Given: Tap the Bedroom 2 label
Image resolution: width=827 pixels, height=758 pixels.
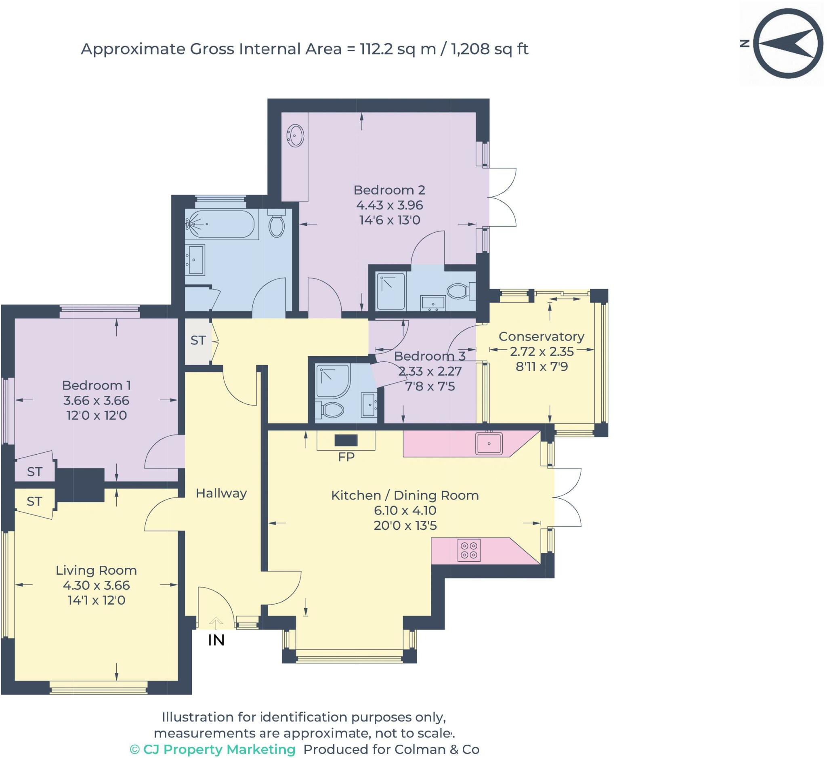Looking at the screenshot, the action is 389,190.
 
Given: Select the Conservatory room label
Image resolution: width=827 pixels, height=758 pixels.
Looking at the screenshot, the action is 542,337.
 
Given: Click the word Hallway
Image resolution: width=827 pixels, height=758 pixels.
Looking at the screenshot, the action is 221,493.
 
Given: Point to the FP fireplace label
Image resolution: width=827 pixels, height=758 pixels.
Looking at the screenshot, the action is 346,457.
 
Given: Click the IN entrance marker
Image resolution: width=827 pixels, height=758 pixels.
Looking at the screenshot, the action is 216,640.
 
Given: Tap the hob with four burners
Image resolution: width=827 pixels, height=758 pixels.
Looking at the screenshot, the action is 469,550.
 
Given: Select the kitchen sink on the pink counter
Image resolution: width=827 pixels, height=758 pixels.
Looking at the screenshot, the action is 489,443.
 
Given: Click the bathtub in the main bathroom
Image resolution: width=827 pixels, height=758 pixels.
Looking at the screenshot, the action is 220,225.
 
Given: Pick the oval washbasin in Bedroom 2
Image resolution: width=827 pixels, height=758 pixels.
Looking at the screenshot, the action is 295,135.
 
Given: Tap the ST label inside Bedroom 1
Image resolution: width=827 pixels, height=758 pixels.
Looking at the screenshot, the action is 34,472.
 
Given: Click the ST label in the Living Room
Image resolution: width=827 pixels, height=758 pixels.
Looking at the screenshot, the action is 34,501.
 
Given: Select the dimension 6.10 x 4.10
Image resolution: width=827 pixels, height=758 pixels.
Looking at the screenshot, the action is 405,511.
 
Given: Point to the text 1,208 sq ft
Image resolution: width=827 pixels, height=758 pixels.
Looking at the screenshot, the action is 489,49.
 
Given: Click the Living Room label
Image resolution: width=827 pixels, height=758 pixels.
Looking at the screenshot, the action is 97,571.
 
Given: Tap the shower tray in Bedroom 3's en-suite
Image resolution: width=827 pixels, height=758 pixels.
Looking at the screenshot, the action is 333,381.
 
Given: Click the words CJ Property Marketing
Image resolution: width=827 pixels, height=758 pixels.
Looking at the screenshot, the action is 219,750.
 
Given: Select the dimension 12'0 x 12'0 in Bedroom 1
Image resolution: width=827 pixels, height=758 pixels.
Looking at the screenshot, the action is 97,416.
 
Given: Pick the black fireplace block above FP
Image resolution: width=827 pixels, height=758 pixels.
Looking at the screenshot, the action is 346,441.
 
